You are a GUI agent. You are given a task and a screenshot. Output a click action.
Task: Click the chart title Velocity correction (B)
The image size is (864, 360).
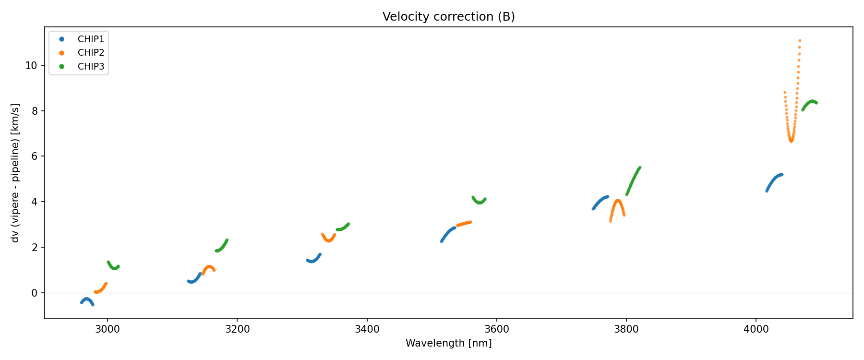coord(448,17)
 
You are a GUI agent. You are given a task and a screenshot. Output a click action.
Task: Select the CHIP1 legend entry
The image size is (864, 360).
coord(91,39)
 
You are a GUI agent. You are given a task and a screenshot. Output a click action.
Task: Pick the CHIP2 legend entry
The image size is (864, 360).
coord(91,53)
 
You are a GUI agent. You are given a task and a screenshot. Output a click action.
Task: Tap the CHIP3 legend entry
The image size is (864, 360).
coord(91,67)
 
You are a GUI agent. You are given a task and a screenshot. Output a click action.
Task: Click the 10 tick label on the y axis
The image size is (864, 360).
coord(31,65)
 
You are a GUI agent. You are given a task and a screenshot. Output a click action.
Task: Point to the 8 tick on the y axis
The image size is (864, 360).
coord(34,111)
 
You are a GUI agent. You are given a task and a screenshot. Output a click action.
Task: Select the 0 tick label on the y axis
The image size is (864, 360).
coord(34,293)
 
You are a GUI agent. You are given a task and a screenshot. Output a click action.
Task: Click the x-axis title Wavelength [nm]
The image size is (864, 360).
coord(448,343)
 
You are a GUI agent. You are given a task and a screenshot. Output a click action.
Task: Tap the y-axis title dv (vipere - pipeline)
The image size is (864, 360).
coord(15,172)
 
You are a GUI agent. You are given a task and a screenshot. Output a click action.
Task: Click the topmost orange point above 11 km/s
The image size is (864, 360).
coord(800,41)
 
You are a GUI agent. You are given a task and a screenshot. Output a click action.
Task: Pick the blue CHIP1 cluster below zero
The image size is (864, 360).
coord(87,300)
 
